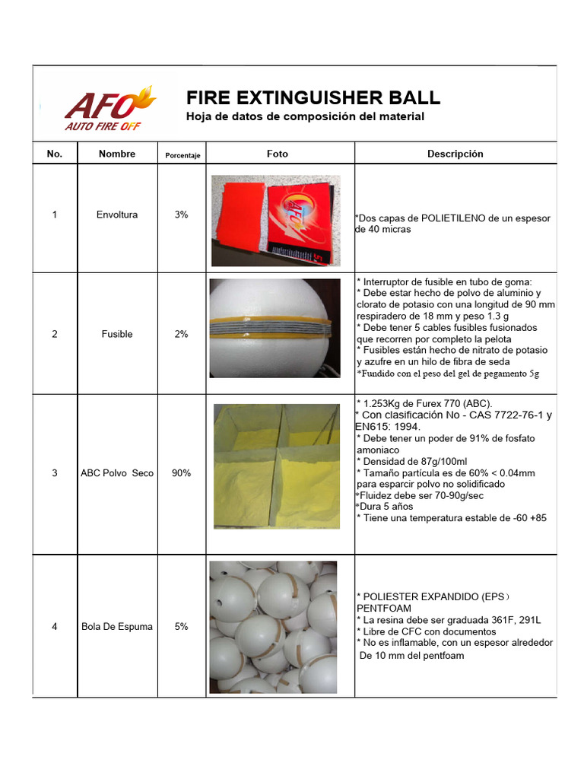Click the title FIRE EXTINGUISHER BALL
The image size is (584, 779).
pyautogui.click(x=313, y=98)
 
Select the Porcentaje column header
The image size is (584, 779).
pyautogui.click(x=182, y=155)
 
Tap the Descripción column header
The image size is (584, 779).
pyautogui.click(x=455, y=154)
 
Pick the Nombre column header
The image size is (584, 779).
pyautogui.click(x=117, y=154)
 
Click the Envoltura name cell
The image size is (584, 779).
pyautogui.click(x=117, y=215)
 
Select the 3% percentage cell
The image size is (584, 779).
pyautogui.click(x=181, y=215)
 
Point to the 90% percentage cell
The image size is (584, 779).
pyautogui.click(x=181, y=473)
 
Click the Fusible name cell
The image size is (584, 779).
pyautogui.click(x=117, y=334)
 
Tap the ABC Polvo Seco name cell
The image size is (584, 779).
pyautogui.click(x=117, y=473)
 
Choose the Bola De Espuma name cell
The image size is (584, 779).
pyautogui.click(x=117, y=627)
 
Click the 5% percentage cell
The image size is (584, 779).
pyautogui.click(x=181, y=627)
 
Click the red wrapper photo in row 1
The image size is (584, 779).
pyautogui.click(x=275, y=221)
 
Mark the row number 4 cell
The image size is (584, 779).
pyautogui.click(x=54, y=627)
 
